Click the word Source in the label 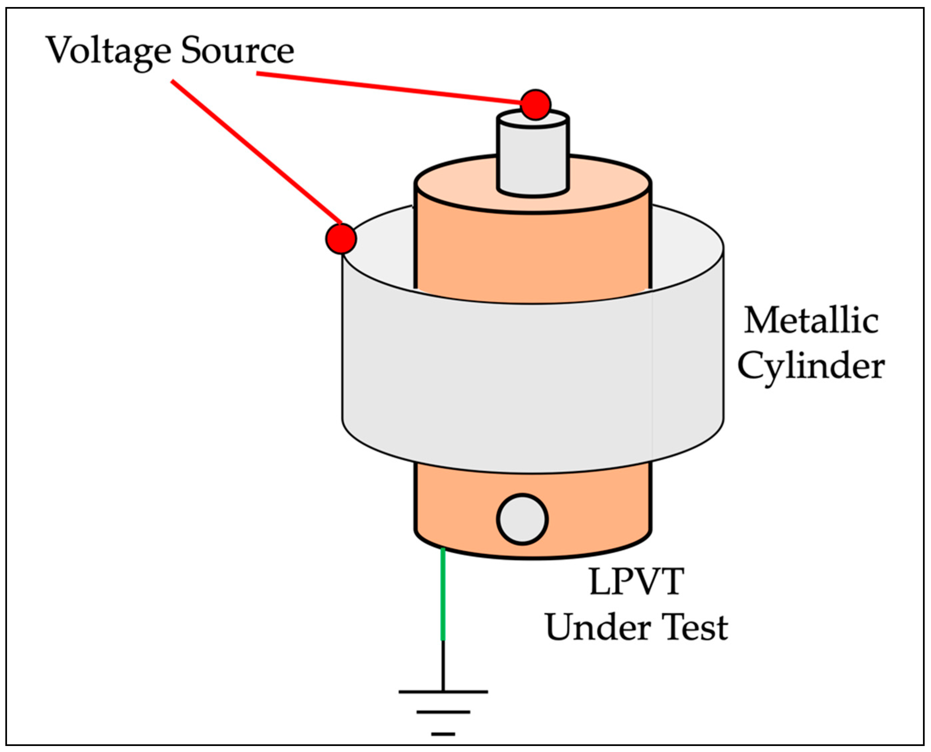pyautogui.click(x=237, y=51)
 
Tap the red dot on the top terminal pyautogui.click(x=536, y=105)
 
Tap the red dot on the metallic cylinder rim pyautogui.click(x=341, y=239)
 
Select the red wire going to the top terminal pyautogui.click(x=390, y=88)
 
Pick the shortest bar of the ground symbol pyautogui.click(x=443, y=734)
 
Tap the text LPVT pyautogui.click(x=637, y=582)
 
